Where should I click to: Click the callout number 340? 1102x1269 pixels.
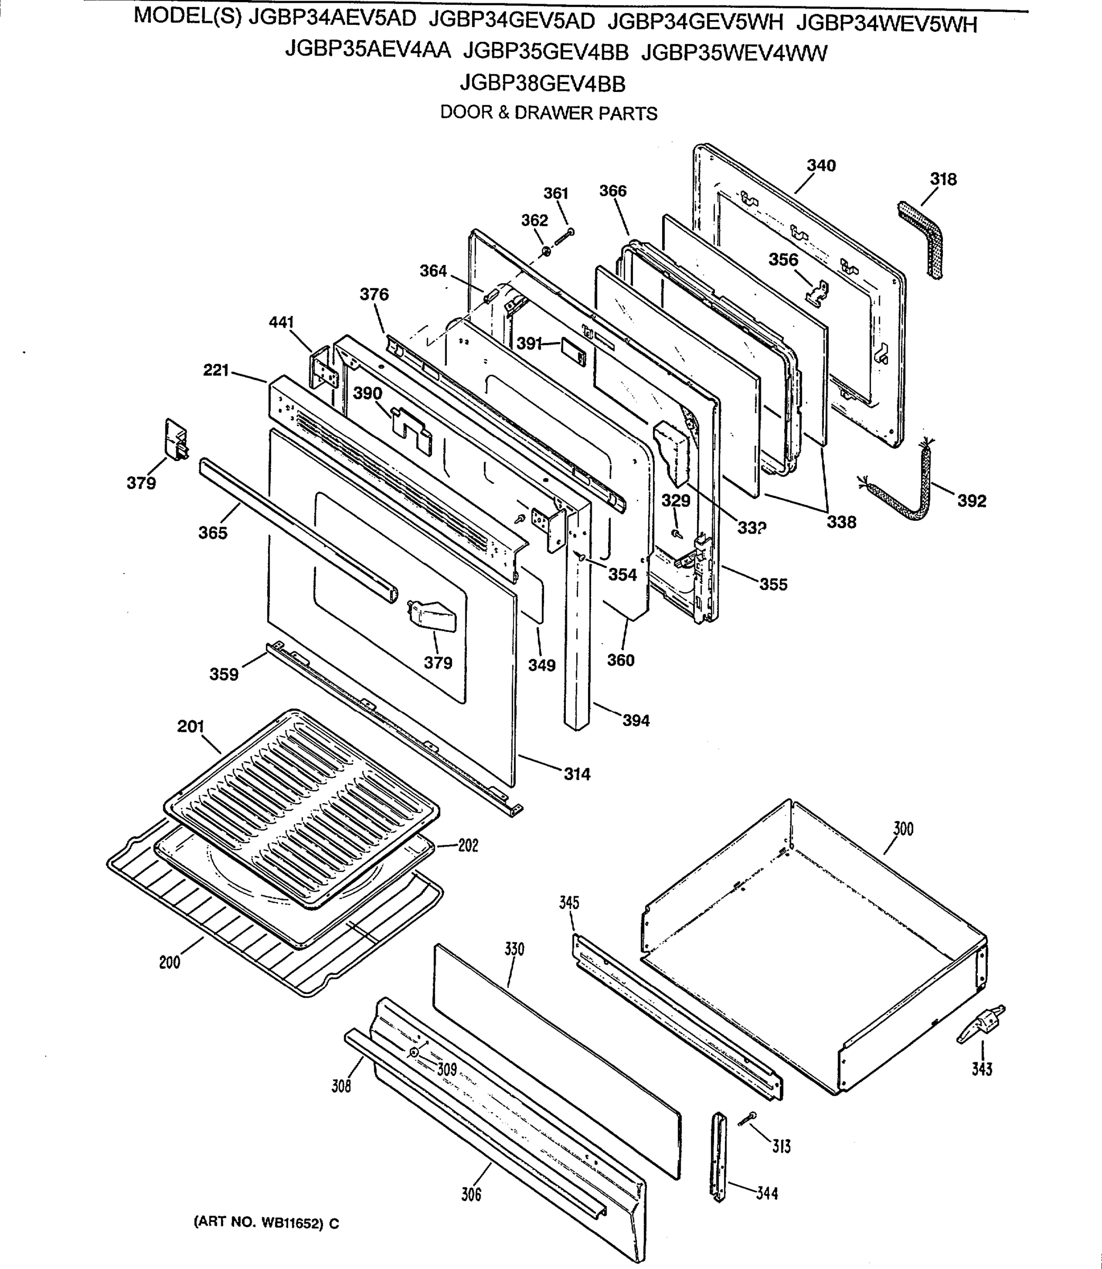[821, 165]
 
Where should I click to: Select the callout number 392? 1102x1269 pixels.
[971, 501]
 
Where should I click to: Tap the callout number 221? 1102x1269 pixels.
[216, 370]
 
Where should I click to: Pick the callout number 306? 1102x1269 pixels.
[471, 1194]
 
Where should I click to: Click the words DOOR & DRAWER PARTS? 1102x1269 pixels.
[548, 113]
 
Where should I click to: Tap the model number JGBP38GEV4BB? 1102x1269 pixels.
[543, 83]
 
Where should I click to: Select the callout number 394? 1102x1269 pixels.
[636, 720]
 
